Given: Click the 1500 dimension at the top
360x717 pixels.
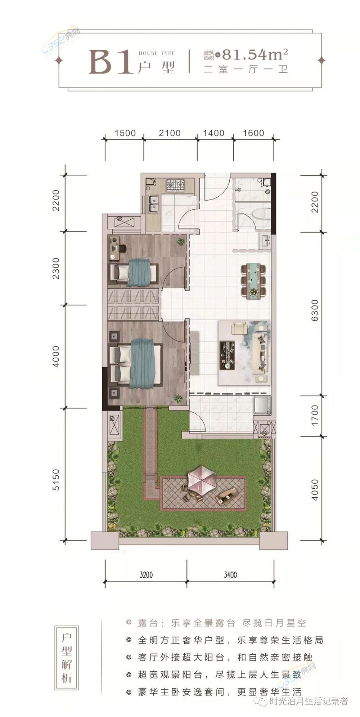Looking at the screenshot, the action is (125, 133).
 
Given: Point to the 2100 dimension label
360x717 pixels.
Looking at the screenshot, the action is (170, 133).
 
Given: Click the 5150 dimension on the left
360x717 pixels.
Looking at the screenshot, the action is (56, 479).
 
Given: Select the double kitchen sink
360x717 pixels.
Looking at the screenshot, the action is (154, 202).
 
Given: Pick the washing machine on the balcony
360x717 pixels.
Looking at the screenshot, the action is (262, 405).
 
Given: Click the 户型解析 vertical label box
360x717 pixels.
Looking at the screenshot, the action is (67, 658).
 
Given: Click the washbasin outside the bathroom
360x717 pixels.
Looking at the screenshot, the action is (265, 240).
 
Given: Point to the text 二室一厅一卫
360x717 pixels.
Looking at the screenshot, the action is (246, 69).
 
